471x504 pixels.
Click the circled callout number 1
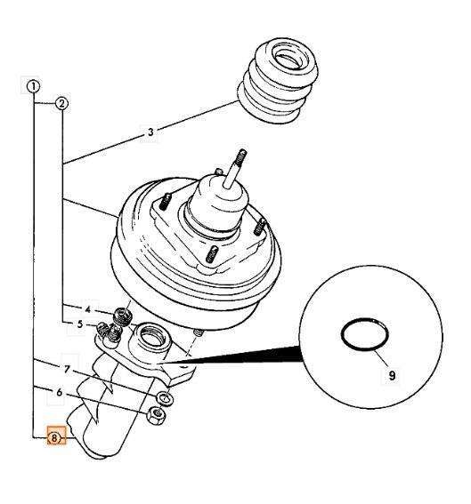coord(33,86)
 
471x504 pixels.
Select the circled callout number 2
coord(61,103)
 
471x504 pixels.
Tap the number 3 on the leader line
coord(150,132)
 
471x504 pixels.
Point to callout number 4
coord(88,309)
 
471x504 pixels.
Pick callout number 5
coord(80,324)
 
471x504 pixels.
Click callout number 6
coord(59,393)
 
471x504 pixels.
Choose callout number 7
coord(67,370)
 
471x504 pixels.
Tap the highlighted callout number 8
coord(54,438)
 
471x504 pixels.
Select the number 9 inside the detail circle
coord(392,375)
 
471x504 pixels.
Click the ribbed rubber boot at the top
coord(278,82)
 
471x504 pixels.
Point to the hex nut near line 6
coord(157,415)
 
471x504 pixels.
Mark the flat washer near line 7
coord(165,398)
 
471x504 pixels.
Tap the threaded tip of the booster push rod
coord(240,156)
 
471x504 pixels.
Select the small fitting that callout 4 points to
coord(123,315)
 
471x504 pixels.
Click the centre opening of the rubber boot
coord(287,58)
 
